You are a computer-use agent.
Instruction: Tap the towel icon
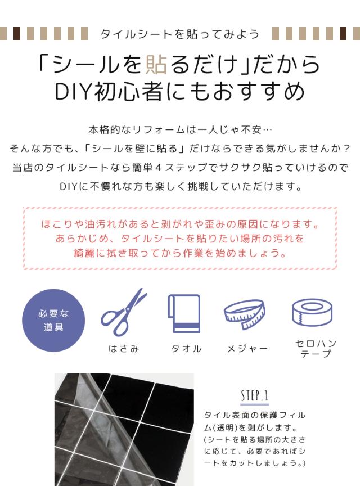184,313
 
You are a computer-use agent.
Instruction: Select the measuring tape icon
245,314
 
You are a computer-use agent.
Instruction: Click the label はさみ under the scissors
124,349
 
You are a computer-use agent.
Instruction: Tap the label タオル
186,349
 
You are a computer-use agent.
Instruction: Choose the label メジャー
247,349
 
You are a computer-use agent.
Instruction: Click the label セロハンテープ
316,349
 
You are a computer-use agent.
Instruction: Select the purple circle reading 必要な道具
53,320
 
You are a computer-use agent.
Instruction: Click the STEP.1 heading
254,395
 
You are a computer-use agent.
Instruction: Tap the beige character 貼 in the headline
156,64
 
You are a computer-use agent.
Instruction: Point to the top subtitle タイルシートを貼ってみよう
180,34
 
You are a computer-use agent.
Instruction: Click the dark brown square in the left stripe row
17,34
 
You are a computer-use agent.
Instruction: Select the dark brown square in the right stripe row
343,34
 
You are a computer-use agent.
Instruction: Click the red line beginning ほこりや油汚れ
180,224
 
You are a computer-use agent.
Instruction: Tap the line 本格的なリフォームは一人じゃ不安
180,129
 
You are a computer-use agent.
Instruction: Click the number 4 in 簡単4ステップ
159,167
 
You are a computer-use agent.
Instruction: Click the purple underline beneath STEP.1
254,404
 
